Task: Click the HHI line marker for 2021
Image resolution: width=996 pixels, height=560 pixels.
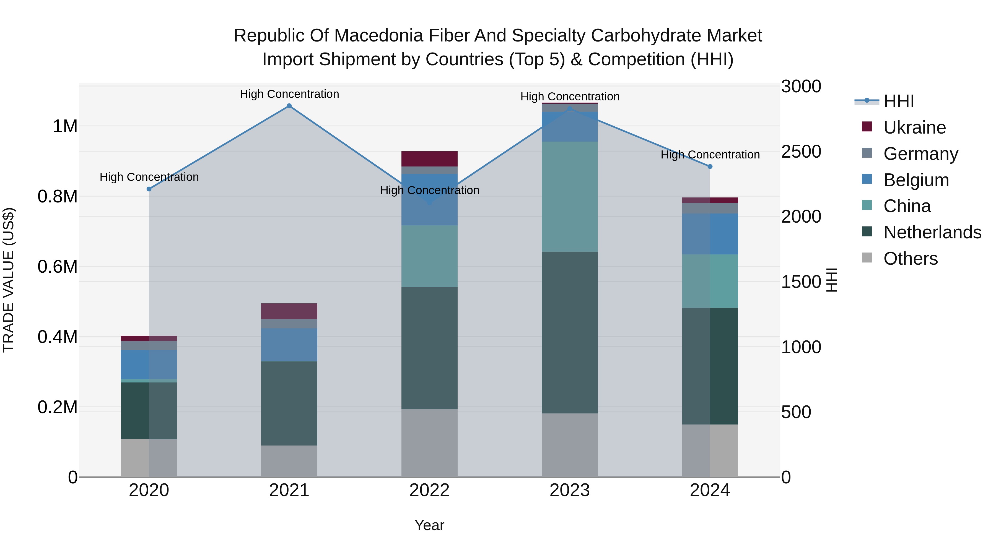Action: click(289, 106)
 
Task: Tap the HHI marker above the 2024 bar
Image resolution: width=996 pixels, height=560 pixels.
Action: click(710, 166)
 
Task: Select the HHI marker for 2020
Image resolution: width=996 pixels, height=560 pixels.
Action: click(149, 189)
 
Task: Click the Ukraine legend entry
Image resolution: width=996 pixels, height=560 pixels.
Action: click(914, 127)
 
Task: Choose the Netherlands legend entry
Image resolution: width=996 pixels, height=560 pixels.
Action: click(932, 232)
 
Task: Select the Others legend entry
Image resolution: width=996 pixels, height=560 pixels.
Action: click(910, 259)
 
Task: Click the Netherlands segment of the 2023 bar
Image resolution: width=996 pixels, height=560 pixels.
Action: click(570, 332)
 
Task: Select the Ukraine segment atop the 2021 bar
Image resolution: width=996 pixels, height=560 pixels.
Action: click(289, 311)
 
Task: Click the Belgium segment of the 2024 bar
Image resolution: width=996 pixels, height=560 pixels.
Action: click(710, 234)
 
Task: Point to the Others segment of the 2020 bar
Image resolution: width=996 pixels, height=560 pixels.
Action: click(149, 458)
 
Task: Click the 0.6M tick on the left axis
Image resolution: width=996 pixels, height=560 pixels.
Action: click(57, 267)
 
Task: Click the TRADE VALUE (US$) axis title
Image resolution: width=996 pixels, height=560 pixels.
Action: click(9, 280)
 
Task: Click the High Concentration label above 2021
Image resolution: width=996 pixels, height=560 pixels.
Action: click(289, 94)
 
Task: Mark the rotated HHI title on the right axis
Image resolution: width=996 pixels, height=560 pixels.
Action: click(831, 280)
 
